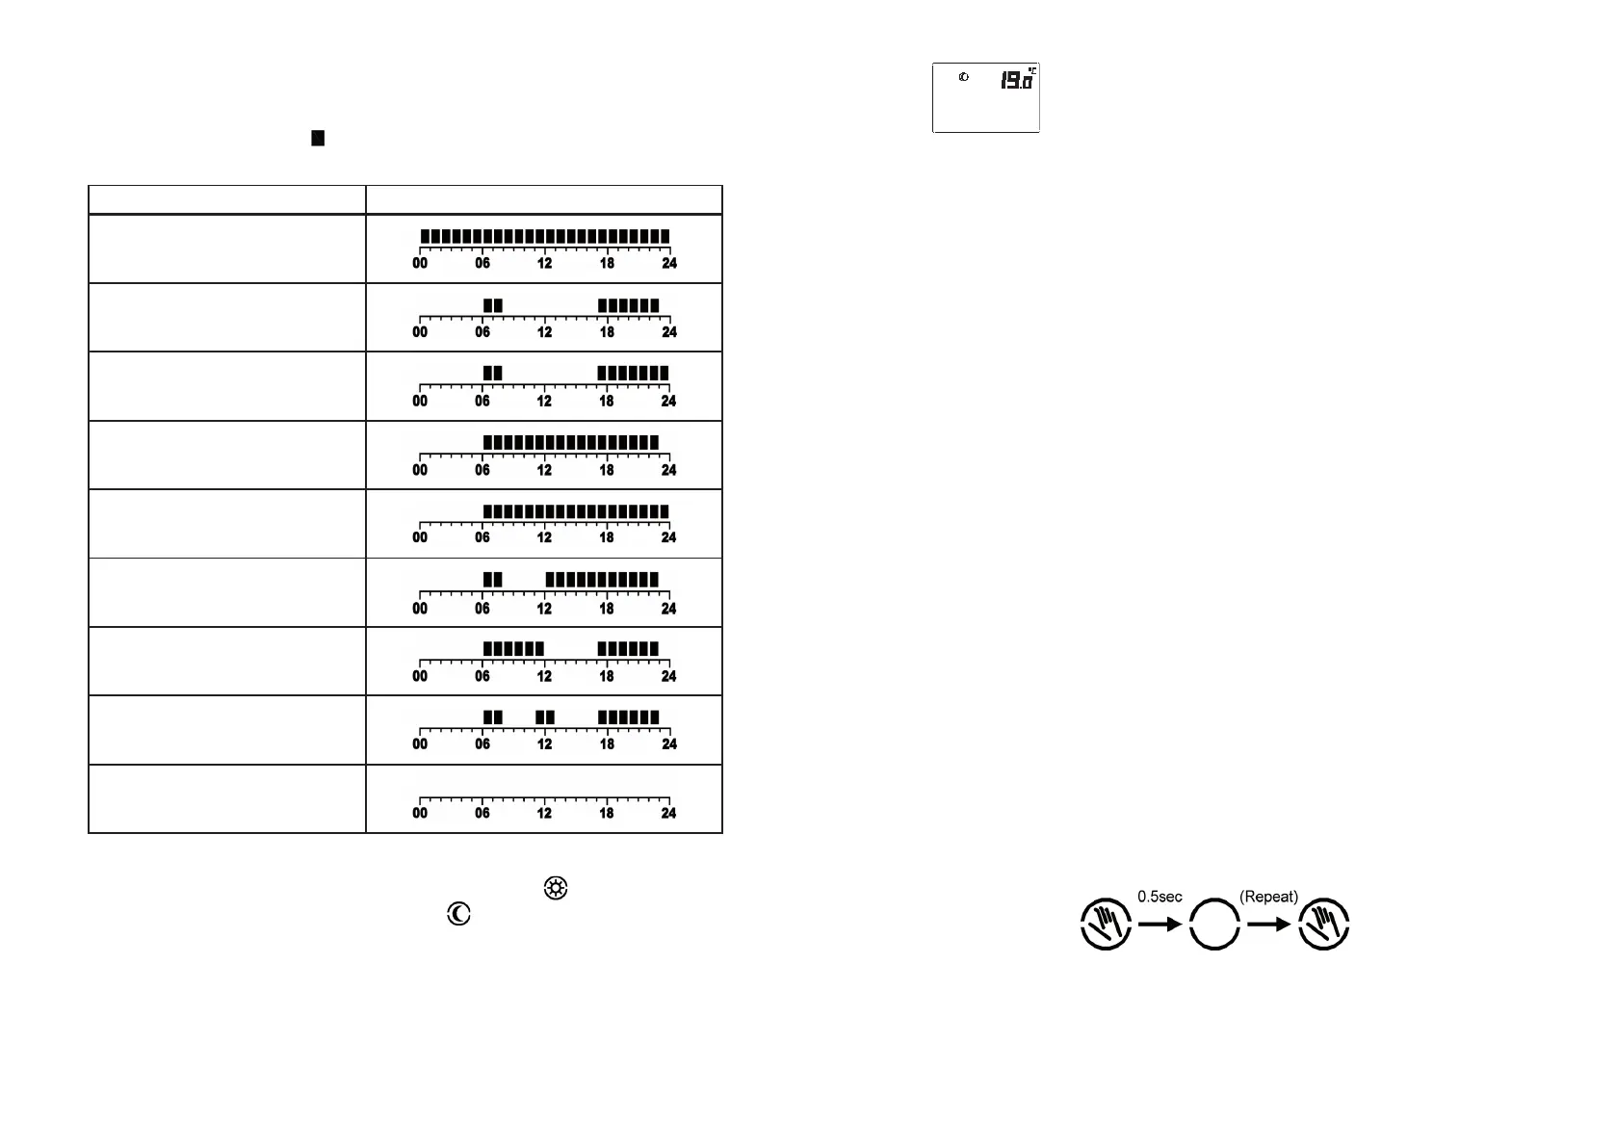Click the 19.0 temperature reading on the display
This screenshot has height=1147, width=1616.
click(1015, 81)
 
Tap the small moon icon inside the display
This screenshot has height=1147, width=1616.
click(963, 77)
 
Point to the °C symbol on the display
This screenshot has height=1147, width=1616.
click(1031, 70)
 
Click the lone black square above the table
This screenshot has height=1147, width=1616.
click(318, 138)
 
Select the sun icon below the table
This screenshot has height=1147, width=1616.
click(556, 888)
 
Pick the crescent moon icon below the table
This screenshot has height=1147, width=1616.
click(458, 914)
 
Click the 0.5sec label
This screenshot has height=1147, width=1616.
click(1160, 897)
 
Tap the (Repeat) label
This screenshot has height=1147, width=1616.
click(1268, 897)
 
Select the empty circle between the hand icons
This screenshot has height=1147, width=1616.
click(1214, 925)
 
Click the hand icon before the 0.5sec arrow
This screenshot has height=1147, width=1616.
click(1106, 925)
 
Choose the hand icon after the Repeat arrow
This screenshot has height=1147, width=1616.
click(1324, 925)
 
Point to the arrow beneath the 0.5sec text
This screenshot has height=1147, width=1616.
click(1160, 925)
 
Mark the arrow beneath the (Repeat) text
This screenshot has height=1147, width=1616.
click(1269, 925)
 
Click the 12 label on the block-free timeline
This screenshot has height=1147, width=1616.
click(544, 813)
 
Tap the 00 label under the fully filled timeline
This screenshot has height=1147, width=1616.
click(420, 263)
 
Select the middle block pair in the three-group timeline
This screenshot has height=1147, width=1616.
click(545, 717)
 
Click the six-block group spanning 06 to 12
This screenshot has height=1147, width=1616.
click(513, 649)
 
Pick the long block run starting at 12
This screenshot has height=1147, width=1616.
click(602, 580)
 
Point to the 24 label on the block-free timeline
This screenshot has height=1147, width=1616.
click(668, 813)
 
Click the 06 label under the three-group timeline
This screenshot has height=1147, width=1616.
click(482, 743)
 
